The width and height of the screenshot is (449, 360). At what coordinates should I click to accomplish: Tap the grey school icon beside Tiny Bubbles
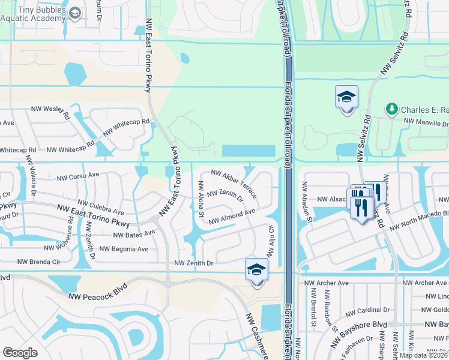(x=75, y=13)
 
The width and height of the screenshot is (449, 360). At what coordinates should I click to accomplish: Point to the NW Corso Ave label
(x=78, y=178)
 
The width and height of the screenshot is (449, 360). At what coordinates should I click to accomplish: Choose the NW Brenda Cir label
(x=40, y=262)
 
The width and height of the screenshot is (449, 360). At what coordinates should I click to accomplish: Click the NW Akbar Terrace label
(x=234, y=184)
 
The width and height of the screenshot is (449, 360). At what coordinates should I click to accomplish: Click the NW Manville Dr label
(x=426, y=122)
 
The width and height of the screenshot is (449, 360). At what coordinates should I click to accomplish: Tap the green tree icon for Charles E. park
(x=391, y=108)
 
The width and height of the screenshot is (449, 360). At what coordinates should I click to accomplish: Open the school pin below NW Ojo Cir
(x=256, y=270)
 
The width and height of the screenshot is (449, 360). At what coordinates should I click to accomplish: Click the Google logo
(x=20, y=353)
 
